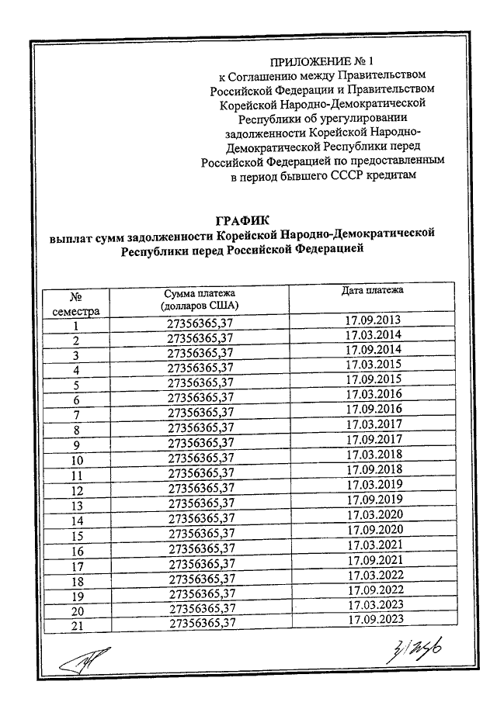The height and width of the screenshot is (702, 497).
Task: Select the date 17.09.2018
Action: pos(374,470)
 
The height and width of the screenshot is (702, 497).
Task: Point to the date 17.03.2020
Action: pos(375,515)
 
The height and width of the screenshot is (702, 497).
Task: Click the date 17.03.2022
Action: pos(376,576)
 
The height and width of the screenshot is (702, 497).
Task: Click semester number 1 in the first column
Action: pos(76,327)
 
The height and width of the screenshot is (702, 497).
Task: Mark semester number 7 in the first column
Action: pos(76,416)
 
